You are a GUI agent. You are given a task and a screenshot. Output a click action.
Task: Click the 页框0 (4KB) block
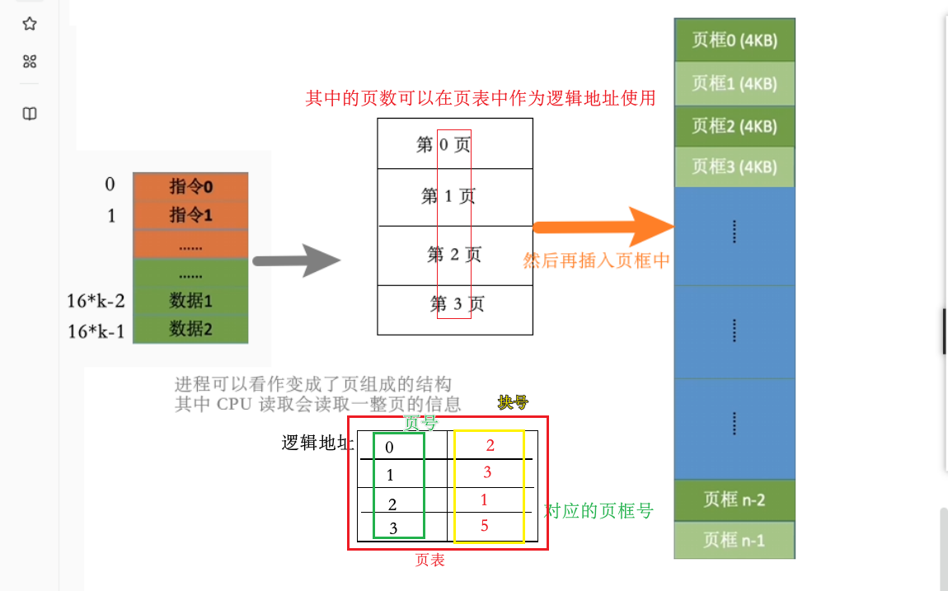734,40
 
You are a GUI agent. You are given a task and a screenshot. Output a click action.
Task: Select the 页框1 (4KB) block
734,83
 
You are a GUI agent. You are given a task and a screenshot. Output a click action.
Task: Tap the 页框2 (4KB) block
734,126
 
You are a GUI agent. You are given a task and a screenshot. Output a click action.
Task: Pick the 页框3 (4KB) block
734,167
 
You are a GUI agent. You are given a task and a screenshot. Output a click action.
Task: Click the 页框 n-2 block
734,500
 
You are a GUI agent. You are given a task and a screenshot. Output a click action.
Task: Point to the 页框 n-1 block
734,540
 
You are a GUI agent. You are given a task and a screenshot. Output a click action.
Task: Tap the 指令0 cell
190,186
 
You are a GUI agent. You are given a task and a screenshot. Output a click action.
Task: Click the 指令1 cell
190,215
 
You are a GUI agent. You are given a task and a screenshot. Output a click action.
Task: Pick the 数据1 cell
190,300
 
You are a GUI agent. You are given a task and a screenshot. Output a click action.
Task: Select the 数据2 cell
190,329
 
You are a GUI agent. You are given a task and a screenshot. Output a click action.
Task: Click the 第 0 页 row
454,145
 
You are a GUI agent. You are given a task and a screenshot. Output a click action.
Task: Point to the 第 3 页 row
454,304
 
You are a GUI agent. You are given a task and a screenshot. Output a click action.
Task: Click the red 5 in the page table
485,526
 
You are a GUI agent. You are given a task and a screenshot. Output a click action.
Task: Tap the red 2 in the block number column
490,446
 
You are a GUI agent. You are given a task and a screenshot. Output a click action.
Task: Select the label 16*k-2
96,301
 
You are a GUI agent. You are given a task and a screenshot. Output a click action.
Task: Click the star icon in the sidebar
30,24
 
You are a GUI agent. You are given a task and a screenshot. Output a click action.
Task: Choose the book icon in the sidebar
30,114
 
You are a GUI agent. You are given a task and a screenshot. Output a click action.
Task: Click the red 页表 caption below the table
429,561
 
